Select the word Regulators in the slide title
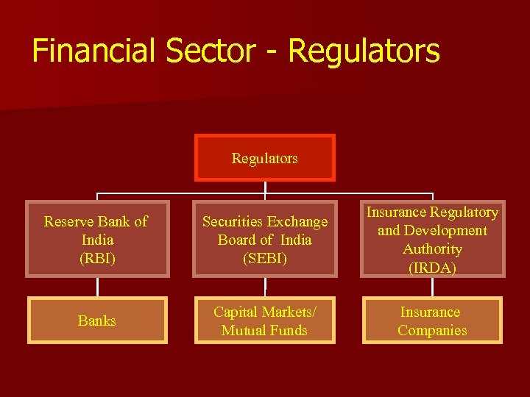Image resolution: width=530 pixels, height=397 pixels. point(364,51)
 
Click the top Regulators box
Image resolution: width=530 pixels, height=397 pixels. point(265,158)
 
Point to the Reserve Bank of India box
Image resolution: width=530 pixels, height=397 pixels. point(97,239)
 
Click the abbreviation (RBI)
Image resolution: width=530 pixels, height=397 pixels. point(97,259)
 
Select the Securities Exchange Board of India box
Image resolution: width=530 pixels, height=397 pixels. point(265,239)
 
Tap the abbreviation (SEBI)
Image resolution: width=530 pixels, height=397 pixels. point(265,259)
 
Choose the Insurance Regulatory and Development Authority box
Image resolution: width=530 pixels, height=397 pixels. point(432,239)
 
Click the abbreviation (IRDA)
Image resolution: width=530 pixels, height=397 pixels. point(432,268)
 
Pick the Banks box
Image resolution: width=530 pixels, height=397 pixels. point(97,321)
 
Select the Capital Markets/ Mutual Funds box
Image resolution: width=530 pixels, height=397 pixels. point(265,321)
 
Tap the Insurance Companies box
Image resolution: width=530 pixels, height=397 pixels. point(432,321)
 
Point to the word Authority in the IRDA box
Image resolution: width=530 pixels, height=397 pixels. point(432,249)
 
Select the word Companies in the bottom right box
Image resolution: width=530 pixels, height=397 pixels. point(432,330)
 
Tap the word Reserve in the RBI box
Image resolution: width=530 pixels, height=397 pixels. point(67,221)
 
